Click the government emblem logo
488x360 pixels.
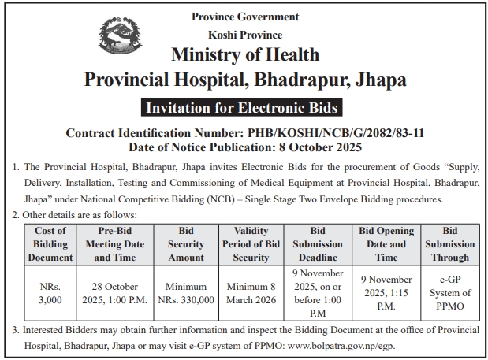[x=121, y=42]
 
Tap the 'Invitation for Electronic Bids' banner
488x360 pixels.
[x=244, y=106]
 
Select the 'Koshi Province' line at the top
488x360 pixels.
[x=244, y=35]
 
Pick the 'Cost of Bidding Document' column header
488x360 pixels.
[x=51, y=243]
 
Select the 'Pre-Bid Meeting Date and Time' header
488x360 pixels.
[x=115, y=243]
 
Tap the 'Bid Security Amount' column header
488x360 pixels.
[x=186, y=243]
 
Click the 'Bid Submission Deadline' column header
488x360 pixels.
[x=318, y=243]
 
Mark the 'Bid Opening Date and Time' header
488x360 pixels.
[x=386, y=243]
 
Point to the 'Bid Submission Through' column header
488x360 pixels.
[x=450, y=243]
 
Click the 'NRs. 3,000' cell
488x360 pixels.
[x=51, y=293]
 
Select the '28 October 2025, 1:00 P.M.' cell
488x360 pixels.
[x=115, y=293]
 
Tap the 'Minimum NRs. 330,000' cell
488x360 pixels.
[x=186, y=293]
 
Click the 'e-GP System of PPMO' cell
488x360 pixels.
[x=450, y=293]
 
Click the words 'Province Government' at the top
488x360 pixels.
[x=244, y=17]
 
